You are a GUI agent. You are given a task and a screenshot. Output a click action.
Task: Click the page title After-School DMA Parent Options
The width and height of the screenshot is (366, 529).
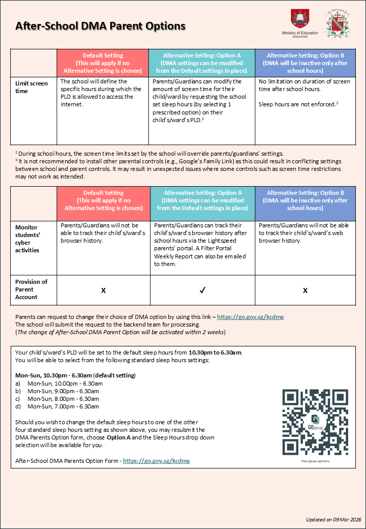click(x=100, y=26)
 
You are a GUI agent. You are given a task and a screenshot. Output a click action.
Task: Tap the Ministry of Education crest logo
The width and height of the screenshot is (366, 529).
click(x=299, y=19)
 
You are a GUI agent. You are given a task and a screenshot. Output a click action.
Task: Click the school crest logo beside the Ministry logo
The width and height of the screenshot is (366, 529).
click(x=337, y=23)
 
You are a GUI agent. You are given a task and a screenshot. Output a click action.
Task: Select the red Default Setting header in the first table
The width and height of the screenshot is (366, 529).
click(x=103, y=63)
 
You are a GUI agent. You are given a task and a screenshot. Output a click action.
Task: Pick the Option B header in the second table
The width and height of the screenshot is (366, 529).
click(x=305, y=200)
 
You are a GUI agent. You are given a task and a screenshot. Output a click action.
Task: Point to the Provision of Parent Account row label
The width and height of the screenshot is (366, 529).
click(x=32, y=289)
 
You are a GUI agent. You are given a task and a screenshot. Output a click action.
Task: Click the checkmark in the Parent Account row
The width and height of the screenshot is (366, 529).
click(x=202, y=290)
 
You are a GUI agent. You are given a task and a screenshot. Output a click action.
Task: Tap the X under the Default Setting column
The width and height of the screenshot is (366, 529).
click(x=103, y=290)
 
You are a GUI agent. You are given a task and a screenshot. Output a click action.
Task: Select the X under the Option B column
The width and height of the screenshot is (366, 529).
click(x=305, y=290)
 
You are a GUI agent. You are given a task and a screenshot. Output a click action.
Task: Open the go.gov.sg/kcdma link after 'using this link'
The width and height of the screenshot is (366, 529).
click(x=250, y=316)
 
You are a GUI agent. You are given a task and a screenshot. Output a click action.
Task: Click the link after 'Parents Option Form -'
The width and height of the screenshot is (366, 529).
click(x=156, y=461)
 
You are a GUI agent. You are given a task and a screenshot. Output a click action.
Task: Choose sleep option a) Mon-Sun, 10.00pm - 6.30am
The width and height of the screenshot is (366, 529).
click(x=65, y=383)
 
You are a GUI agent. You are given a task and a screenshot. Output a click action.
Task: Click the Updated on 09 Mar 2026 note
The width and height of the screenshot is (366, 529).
click(x=333, y=519)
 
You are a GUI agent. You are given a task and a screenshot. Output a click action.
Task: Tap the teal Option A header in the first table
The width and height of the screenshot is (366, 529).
click(x=202, y=63)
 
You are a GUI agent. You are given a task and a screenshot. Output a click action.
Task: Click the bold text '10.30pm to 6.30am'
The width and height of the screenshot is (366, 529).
click(x=215, y=352)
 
